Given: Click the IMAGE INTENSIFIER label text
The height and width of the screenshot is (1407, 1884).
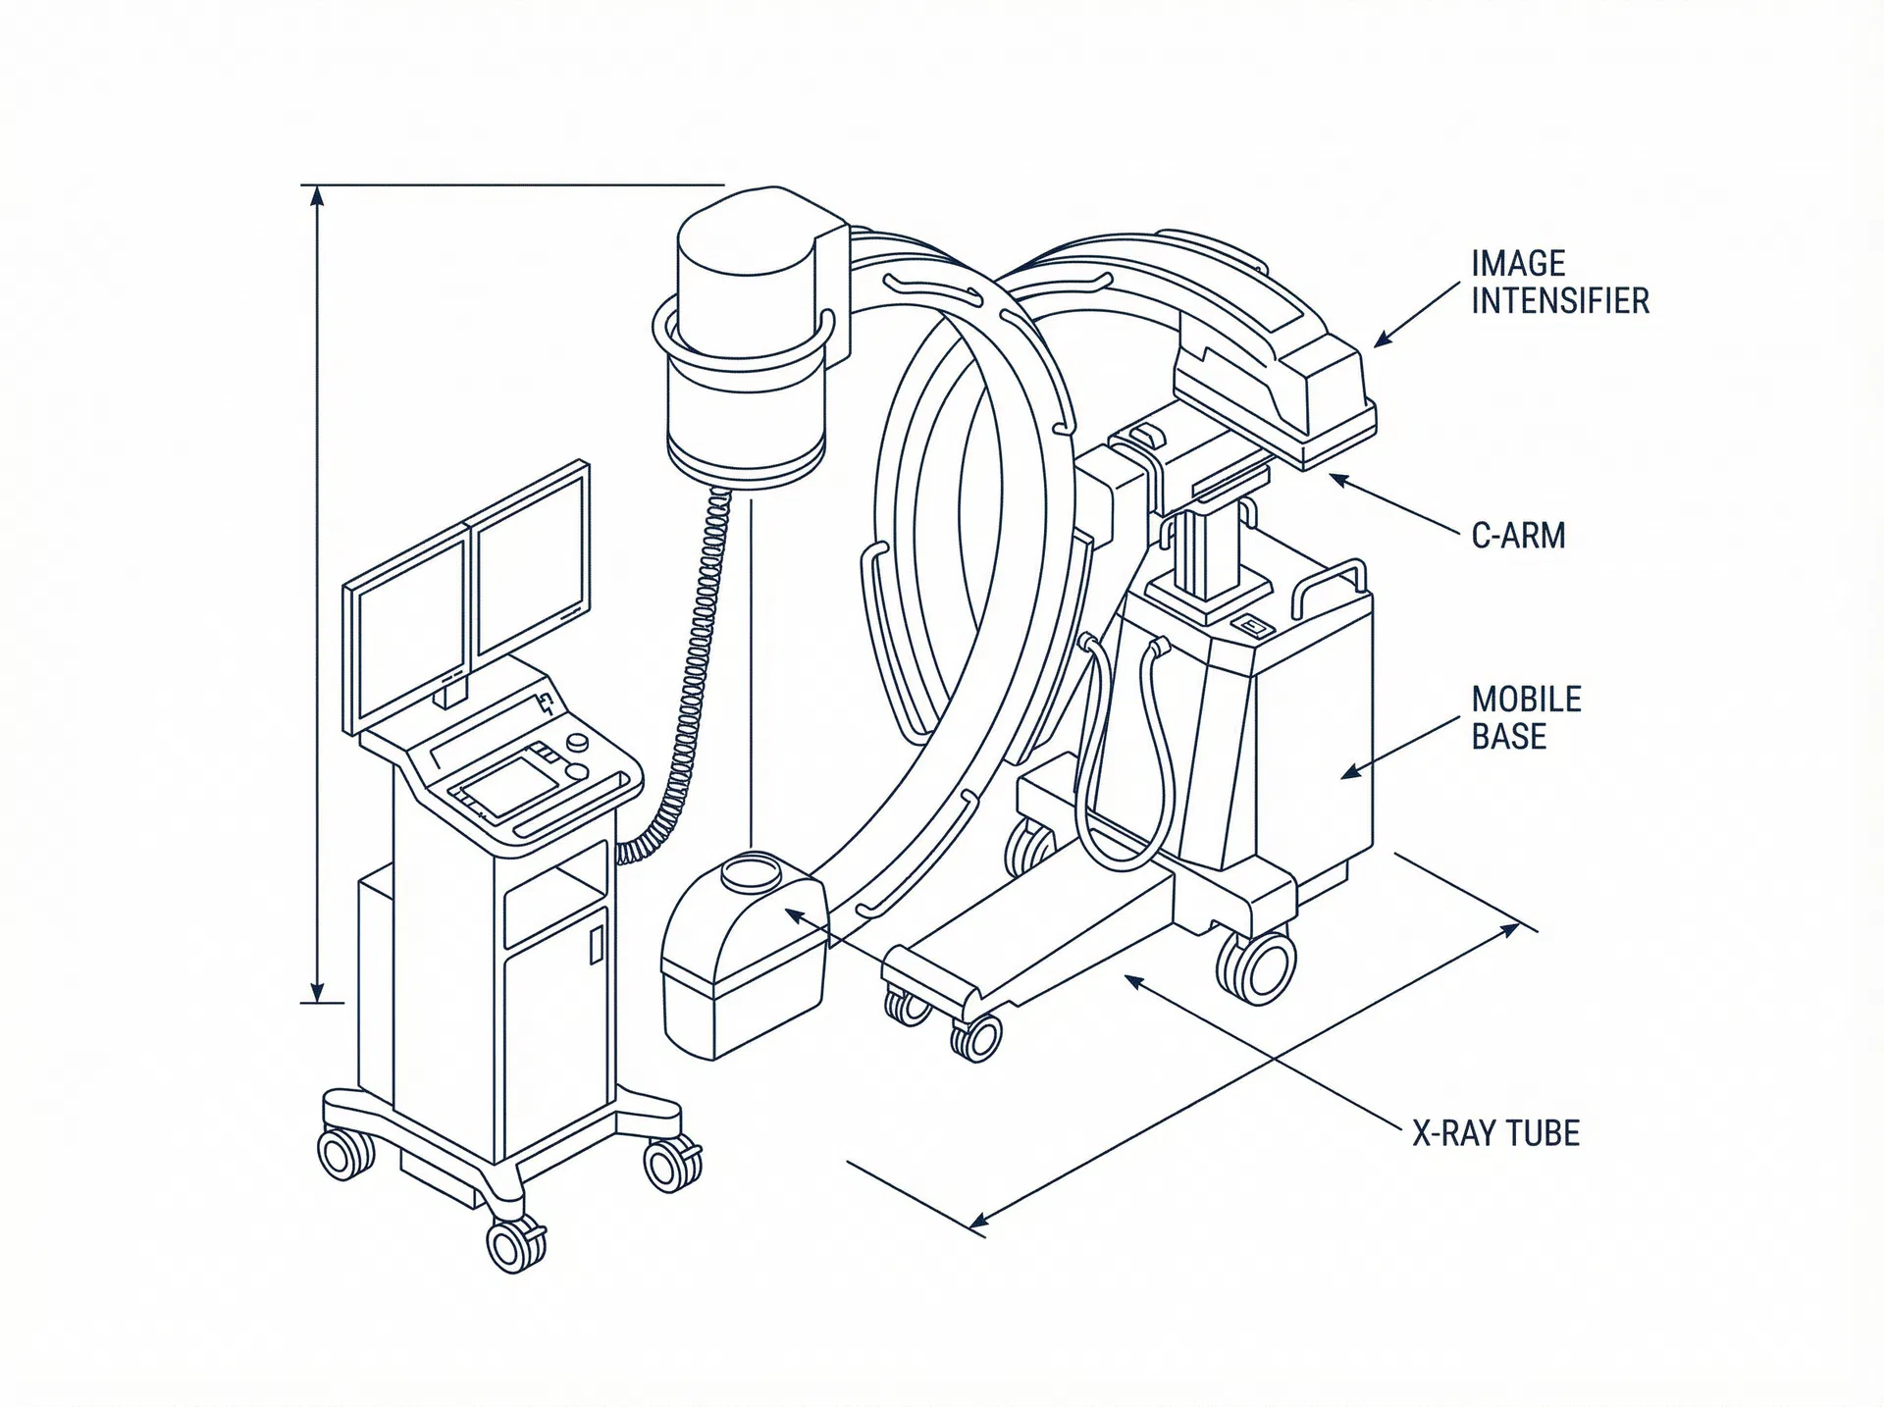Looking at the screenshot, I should pos(1559,282).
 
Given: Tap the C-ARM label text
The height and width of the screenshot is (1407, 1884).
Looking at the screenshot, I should pos(1518,536).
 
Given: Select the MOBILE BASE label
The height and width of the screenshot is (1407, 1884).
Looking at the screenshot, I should pos(1526,717).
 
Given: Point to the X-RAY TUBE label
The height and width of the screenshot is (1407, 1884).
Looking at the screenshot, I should pos(1495,1133).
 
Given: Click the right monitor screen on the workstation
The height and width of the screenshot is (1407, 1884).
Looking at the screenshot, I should pos(531,560).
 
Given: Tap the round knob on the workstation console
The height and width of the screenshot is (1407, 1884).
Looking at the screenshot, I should pos(579,743).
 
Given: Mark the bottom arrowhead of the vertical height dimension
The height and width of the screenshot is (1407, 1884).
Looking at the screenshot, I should pos(316,991).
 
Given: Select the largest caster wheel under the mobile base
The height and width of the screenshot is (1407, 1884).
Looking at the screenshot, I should pos(1256,966).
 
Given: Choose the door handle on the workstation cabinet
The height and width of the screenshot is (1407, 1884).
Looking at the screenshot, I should pos(596,945).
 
